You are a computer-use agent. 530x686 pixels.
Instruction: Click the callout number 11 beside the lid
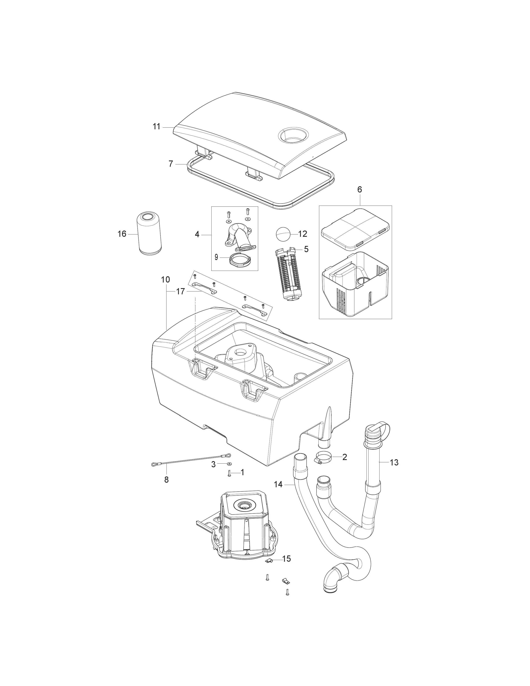pos(156,127)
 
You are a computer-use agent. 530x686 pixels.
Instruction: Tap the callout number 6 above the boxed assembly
pos(360,189)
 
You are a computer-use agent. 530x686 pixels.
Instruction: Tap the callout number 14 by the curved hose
pos(278,485)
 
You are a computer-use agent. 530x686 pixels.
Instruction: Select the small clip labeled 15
pos(269,561)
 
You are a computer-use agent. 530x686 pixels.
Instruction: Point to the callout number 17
pos(180,291)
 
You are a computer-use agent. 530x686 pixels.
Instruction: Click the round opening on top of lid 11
pos(293,136)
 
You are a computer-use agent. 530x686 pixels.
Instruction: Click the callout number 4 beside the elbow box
pos(197,234)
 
